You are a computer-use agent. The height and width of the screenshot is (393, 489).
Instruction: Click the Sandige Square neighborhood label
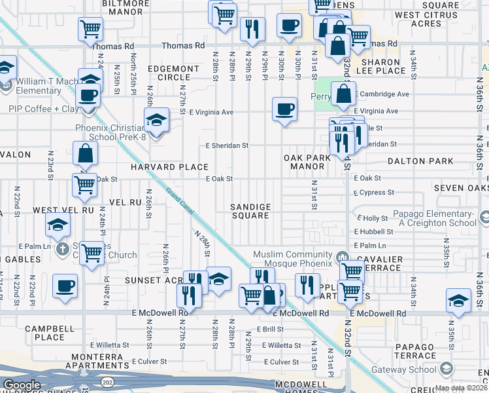pos(250,211)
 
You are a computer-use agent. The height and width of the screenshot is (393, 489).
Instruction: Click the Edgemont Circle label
pos(173,73)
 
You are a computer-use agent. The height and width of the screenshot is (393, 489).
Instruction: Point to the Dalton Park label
pos(420,160)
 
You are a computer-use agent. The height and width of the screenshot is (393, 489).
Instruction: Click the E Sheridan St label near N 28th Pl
pos(227,145)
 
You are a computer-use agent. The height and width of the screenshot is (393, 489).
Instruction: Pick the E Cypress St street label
pos(374,193)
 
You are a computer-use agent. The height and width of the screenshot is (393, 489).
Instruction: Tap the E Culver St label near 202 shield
pos(151,361)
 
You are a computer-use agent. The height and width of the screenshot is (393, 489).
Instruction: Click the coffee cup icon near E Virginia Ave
pos(284,108)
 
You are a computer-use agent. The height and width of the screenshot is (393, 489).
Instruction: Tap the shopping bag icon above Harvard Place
pos(85,153)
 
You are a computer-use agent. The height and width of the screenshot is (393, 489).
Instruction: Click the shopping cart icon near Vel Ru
pos(85,185)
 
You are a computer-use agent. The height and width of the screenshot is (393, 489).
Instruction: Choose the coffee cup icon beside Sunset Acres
pos(65,286)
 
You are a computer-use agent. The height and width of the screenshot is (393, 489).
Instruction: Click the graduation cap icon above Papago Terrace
pos(458,301)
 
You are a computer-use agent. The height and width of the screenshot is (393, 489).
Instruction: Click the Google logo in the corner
pos(22,385)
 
